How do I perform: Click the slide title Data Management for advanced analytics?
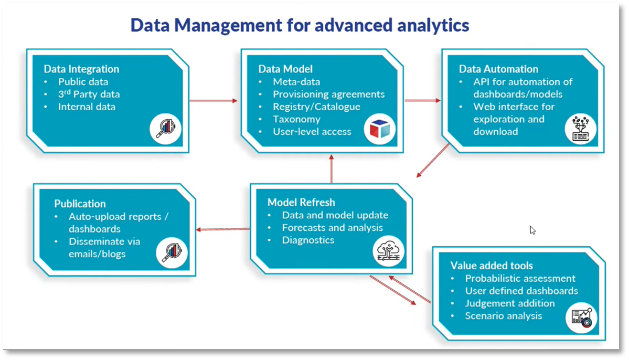click(300, 25)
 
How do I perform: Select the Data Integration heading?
click(81, 69)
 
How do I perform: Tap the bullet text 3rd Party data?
click(89, 94)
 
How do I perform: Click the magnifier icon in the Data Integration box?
click(166, 128)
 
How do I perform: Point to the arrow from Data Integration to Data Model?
click(213, 100)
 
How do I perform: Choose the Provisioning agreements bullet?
click(328, 94)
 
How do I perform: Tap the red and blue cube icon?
click(380, 129)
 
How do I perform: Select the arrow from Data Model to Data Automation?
click(422, 100)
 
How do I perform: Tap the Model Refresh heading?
click(301, 203)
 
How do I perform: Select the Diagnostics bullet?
click(308, 240)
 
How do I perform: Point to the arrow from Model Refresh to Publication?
click(222, 229)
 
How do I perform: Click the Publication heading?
click(80, 204)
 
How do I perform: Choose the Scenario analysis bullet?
click(503, 316)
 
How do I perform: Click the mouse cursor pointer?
click(532, 230)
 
